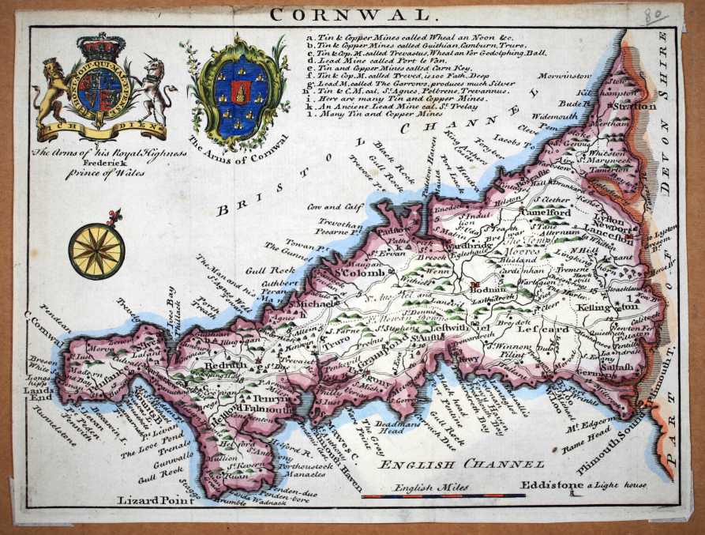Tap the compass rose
[96, 251]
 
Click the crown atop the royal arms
[100, 46]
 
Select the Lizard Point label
[156, 499]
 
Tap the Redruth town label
[227, 367]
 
